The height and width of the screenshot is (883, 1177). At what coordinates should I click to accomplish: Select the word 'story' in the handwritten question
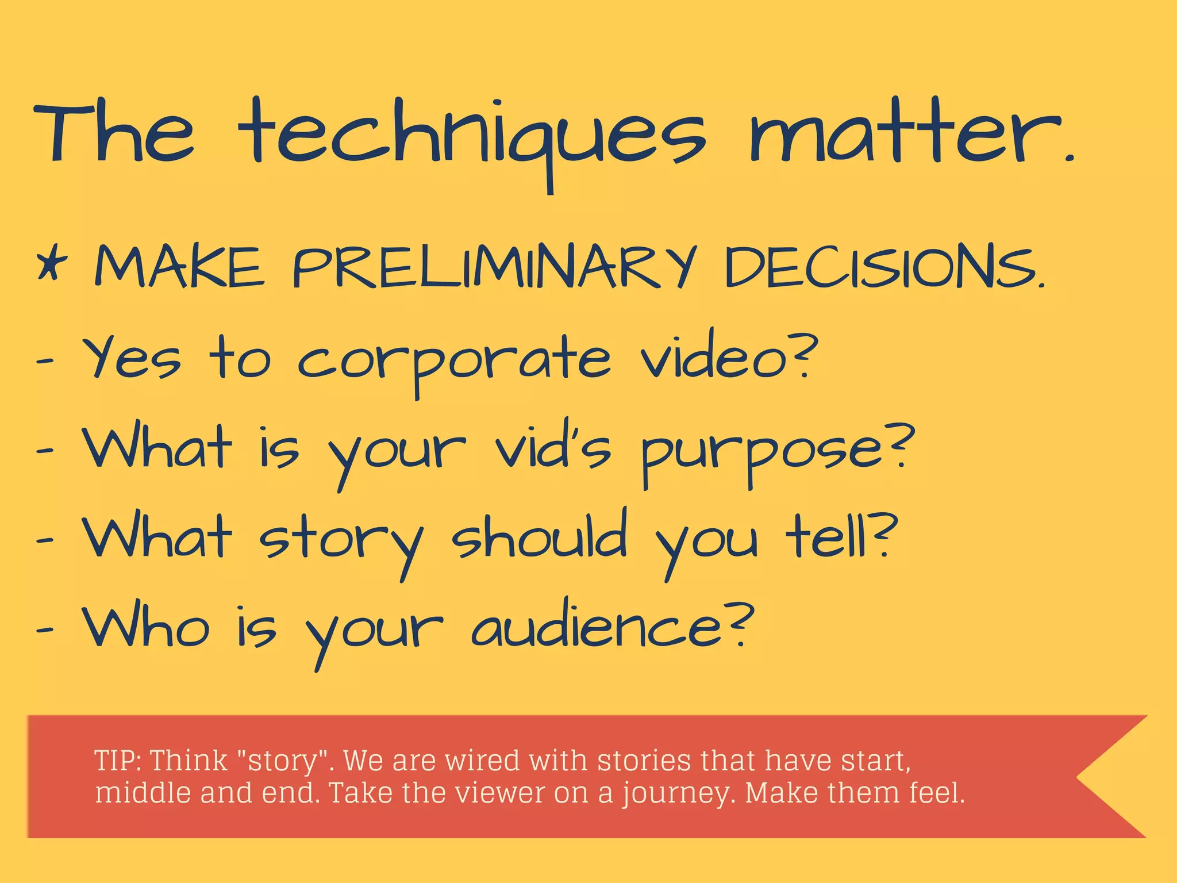tap(341, 540)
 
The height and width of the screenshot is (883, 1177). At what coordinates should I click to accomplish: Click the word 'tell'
tap(828, 538)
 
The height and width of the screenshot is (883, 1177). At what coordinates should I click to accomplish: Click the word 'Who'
tap(146, 627)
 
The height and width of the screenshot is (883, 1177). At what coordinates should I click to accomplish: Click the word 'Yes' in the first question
tap(132, 359)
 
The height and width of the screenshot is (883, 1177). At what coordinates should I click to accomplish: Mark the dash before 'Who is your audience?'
tap(45, 629)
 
